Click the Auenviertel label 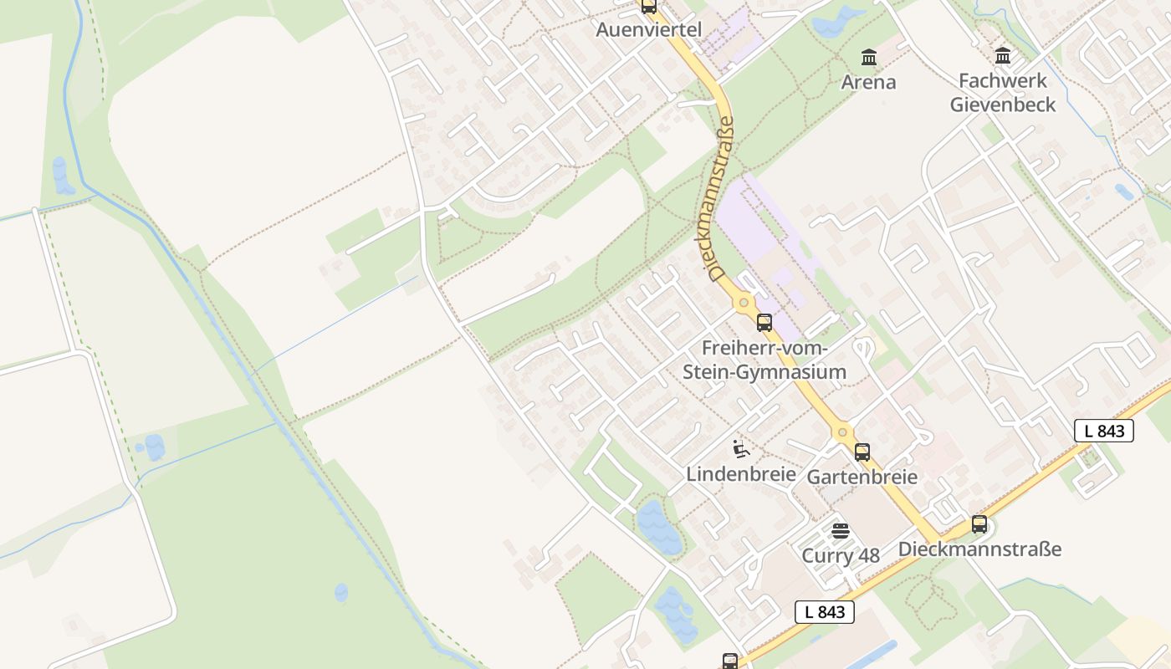click(648, 29)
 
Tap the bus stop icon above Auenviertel click(649, 7)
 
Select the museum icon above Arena click(869, 58)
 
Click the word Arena click(868, 82)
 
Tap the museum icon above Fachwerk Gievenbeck click(1002, 56)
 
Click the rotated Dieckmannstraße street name click(720, 199)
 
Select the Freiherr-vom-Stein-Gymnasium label click(764, 360)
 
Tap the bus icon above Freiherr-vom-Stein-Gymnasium click(764, 323)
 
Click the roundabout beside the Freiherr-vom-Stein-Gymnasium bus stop click(743, 302)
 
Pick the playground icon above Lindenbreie click(740, 449)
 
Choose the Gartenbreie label click(862, 477)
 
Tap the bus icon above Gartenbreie click(862, 452)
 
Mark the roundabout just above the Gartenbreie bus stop click(842, 432)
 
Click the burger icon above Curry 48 click(841, 531)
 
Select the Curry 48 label click(841, 555)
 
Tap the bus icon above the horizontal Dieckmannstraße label click(979, 525)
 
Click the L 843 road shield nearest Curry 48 click(825, 611)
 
